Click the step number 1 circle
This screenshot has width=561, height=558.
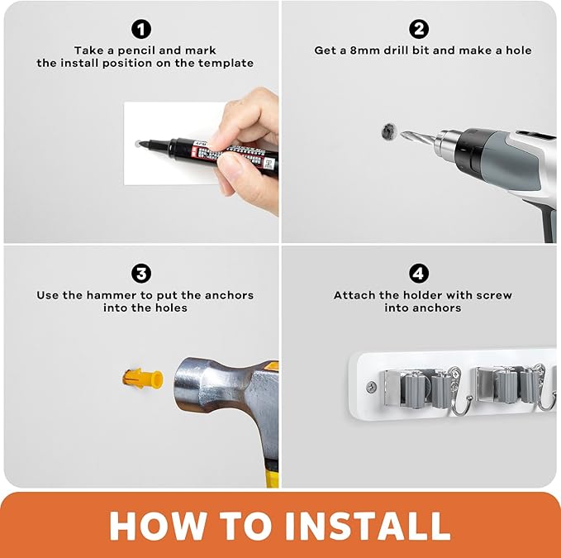click(x=141, y=30)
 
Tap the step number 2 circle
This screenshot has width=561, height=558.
click(x=419, y=30)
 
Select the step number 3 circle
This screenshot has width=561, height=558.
click(x=141, y=274)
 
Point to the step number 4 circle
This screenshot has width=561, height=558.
click(x=419, y=274)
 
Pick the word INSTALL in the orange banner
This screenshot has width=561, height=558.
click(x=368, y=526)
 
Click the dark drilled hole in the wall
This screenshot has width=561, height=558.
click(x=388, y=131)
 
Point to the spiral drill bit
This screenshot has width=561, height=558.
click(x=417, y=137)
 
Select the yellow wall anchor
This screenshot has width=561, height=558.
click(x=143, y=379)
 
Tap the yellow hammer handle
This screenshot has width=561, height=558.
click(x=272, y=476)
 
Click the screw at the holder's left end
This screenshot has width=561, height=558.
click(x=371, y=386)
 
